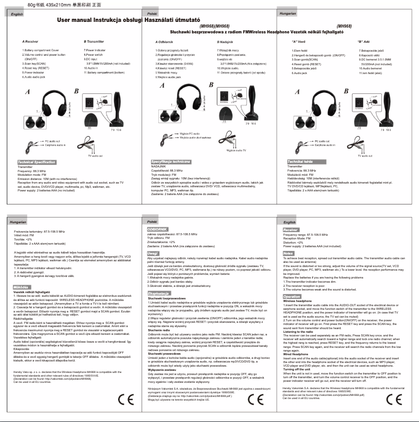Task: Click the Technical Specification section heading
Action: [x=37, y=162]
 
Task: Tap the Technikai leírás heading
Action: [x=299, y=162]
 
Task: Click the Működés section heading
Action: [x=21, y=272]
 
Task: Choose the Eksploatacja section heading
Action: [x=157, y=279]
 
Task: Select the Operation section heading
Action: [x=292, y=296]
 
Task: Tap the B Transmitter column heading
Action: [x=95, y=41]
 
